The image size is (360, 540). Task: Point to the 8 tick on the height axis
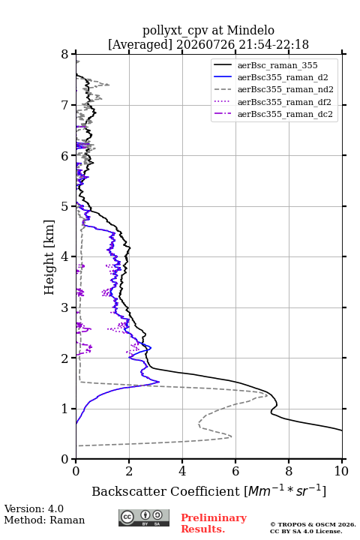tap(64, 55)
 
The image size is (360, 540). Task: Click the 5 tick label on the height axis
tap(64, 207)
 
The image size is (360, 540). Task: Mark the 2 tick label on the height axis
tap(64, 358)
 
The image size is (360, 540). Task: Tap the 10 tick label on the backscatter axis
tap(341, 471)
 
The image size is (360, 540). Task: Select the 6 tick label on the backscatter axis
tap(235, 471)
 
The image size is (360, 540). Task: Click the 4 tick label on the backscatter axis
tap(182, 471)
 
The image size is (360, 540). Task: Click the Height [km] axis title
tap(49, 257)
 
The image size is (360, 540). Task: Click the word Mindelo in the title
tap(250, 30)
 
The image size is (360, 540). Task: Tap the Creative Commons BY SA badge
tap(144, 517)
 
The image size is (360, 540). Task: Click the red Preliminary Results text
tap(214, 523)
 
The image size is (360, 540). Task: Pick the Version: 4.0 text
tap(34, 508)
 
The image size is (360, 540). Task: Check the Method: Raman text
tap(44, 520)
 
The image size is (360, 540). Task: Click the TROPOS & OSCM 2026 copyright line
tap(313, 524)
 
